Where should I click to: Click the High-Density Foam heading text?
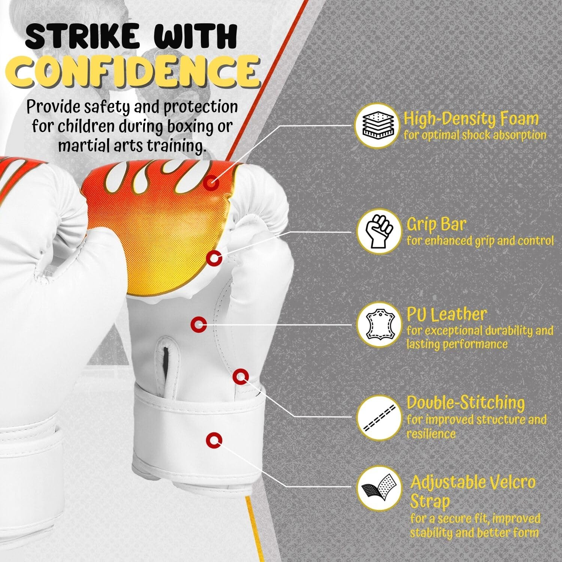pos(471,119)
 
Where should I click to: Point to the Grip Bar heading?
pos(436,224)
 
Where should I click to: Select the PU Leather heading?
pos(447,315)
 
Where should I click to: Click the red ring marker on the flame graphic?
pos(212,183)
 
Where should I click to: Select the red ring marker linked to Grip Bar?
pos(215,258)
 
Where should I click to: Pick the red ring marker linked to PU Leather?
pos(199,324)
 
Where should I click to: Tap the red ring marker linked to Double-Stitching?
pos(241,376)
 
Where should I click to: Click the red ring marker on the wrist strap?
pos(214,441)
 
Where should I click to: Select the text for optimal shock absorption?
pos(475,135)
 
